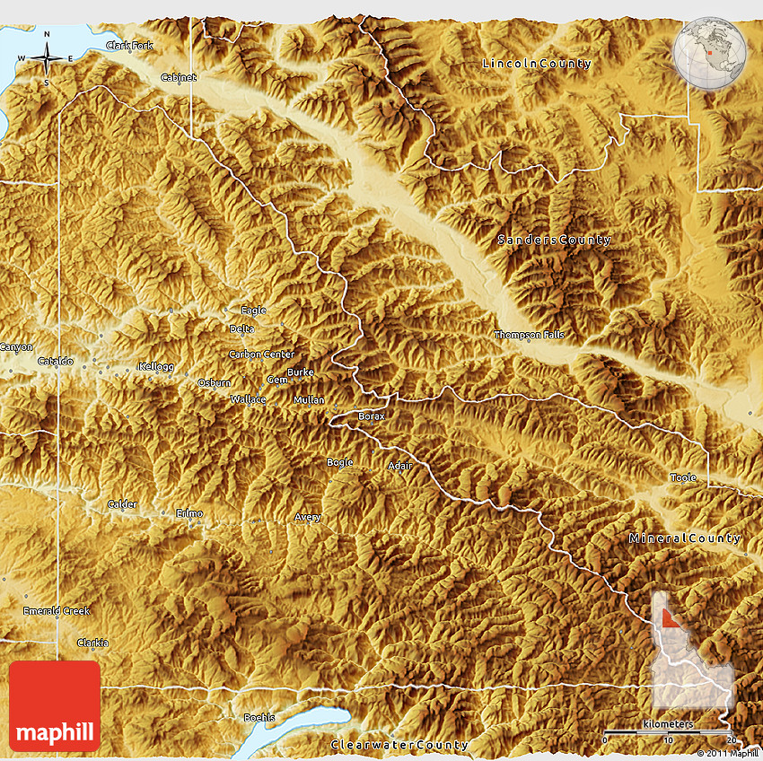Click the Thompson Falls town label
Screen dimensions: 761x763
pyautogui.click(x=530, y=335)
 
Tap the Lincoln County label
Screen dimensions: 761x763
pyautogui.click(x=537, y=64)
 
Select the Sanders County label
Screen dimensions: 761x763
pyautogui.click(x=555, y=240)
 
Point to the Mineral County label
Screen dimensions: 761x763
pyautogui.click(x=685, y=538)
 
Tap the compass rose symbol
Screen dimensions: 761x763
pyautogui.click(x=47, y=59)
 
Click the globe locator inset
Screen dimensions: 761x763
pyautogui.click(x=710, y=51)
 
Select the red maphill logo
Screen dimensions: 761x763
pyautogui.click(x=55, y=706)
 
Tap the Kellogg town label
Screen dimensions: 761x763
pyautogui.click(x=153, y=366)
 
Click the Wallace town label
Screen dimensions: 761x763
pyautogui.click(x=248, y=398)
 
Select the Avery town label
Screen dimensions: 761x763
pyautogui.click(x=308, y=517)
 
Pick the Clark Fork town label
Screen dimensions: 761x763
pyautogui.click(x=129, y=45)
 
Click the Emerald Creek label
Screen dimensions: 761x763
pyautogui.click(x=57, y=611)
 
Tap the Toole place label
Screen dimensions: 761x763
pyautogui.click(x=683, y=477)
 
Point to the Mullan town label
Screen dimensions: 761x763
pyautogui.click(x=310, y=399)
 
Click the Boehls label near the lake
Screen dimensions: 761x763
pyautogui.click(x=260, y=717)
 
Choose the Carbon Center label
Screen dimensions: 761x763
pyautogui.click(x=261, y=354)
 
